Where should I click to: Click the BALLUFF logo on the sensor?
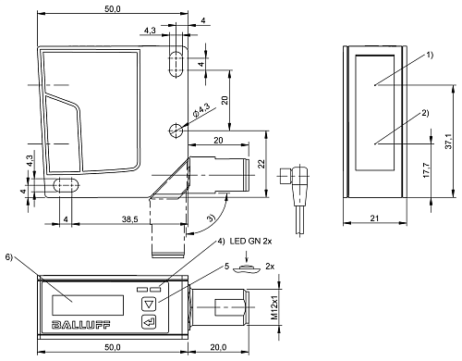[80, 325]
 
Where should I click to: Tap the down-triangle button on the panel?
[149, 305]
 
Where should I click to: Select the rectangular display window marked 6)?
[88, 305]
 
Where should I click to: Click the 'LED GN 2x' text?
[250, 242]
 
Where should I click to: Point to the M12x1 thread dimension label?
[274, 307]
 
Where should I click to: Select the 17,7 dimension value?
[427, 169]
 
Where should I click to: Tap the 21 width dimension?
[374, 218]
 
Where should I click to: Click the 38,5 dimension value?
[129, 219]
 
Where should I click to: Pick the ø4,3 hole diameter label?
[201, 110]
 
